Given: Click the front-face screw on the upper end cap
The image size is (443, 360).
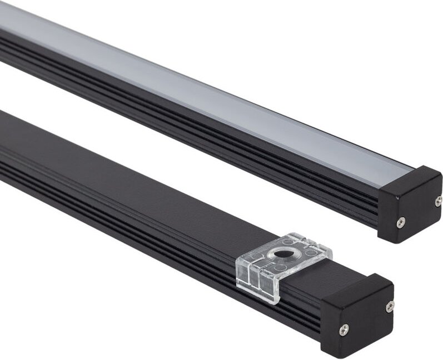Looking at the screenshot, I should click(400, 222).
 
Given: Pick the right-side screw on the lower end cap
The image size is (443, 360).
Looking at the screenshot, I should click(390, 306).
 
